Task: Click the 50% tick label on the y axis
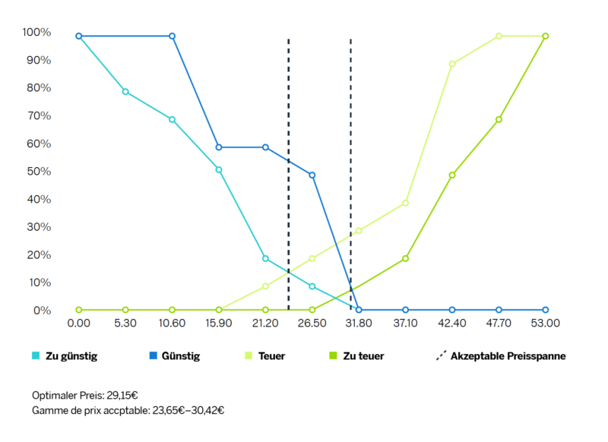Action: point(36,172)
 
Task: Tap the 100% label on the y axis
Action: point(36,33)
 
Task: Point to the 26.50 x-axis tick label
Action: point(312,323)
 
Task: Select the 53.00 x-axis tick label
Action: point(546,323)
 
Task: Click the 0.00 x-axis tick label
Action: point(79,323)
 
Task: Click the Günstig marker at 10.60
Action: point(173,36)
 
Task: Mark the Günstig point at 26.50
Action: point(312,175)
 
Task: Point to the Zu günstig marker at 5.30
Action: point(125,92)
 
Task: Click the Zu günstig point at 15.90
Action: point(219,170)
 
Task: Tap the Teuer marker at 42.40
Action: point(452,64)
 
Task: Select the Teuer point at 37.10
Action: point(406,203)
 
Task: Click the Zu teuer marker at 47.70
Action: point(499,119)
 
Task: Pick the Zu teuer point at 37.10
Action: point(406,258)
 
